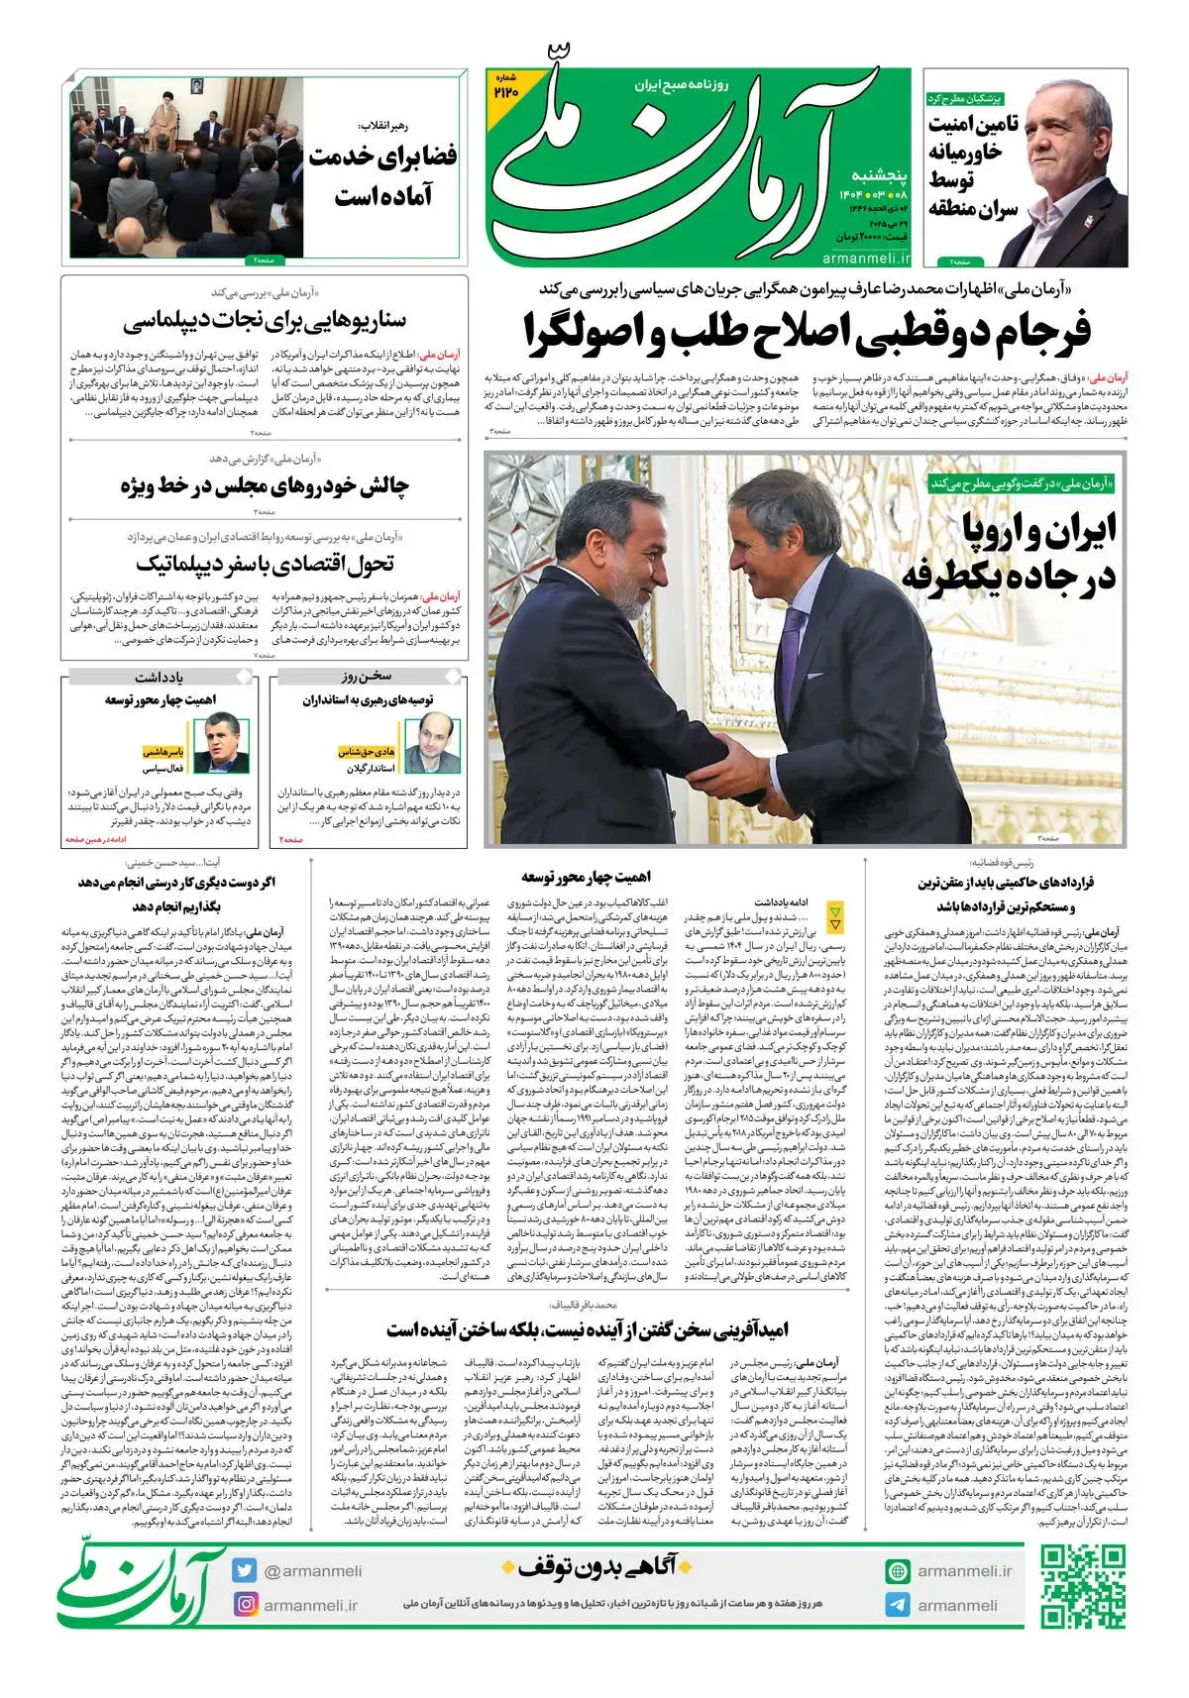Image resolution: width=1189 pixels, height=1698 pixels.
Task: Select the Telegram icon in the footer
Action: click(898, 1605)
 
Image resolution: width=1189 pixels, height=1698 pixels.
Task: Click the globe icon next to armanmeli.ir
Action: click(898, 1570)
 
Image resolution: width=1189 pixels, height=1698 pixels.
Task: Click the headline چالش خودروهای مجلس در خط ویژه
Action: click(265, 485)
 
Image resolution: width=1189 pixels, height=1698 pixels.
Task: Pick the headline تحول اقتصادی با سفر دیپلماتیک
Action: click(265, 564)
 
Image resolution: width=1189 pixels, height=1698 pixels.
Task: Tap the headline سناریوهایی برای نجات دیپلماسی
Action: click(265, 320)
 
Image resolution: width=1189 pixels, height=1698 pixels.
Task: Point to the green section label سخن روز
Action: click(368, 677)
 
